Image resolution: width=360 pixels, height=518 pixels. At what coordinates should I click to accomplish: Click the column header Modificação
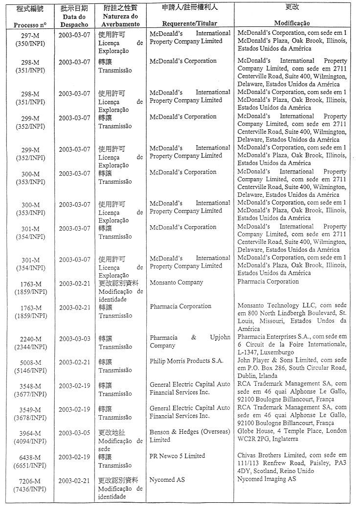tap(292, 24)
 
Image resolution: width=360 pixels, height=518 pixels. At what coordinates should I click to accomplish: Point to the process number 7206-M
tap(30, 481)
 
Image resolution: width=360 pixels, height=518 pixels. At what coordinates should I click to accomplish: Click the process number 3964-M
tap(30, 434)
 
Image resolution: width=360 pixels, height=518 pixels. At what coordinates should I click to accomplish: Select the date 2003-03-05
tap(74, 433)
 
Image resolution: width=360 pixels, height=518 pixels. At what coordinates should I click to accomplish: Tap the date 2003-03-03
tap(74, 339)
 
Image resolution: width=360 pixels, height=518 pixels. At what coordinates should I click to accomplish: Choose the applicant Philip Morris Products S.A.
tap(186, 361)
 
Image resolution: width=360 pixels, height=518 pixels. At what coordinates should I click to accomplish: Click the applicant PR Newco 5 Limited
tap(177, 456)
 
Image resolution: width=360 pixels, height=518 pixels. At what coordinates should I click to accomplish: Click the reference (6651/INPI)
tap(30, 464)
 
